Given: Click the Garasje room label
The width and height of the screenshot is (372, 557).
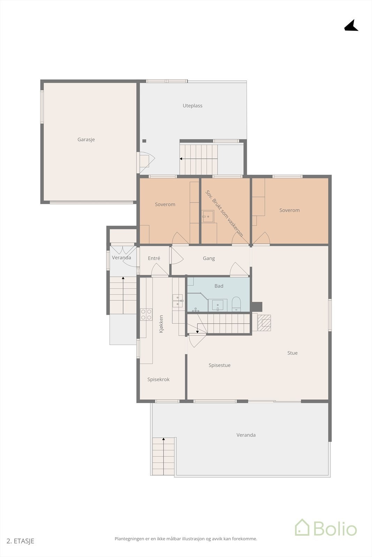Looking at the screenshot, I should tap(86, 140).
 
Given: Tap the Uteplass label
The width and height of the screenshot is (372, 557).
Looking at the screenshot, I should tap(192, 106).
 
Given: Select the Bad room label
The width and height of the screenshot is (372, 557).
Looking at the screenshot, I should tap(219, 286).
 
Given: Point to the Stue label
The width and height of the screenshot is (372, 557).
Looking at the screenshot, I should tap(293, 353).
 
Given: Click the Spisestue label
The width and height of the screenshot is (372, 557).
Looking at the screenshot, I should tap(220, 366).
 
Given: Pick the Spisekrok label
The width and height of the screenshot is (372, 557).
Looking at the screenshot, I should tap(158, 379).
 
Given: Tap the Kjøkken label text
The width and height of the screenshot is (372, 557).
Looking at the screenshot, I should tap(161, 324).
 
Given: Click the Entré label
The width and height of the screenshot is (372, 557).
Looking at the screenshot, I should tap(154, 258).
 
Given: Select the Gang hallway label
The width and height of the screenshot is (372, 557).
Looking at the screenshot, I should tap(209, 258).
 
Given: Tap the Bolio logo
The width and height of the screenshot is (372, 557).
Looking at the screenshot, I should tap(326, 528).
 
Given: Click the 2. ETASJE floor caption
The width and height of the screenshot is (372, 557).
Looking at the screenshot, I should tap(21, 541).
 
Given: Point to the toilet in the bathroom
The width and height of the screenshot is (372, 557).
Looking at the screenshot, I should tap(236, 304).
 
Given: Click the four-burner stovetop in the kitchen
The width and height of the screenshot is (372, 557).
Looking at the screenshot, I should tap(146, 314).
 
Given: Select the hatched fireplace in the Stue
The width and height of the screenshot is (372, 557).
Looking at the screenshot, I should tap(266, 323).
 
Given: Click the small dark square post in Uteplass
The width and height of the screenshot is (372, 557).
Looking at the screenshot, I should tap(144, 141).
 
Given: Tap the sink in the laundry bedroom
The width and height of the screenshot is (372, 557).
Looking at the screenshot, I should tap(208, 216).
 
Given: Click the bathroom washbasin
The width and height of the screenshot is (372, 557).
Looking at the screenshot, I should tap(218, 305).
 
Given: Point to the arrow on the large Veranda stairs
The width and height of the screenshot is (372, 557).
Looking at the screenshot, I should tap(164, 440).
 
